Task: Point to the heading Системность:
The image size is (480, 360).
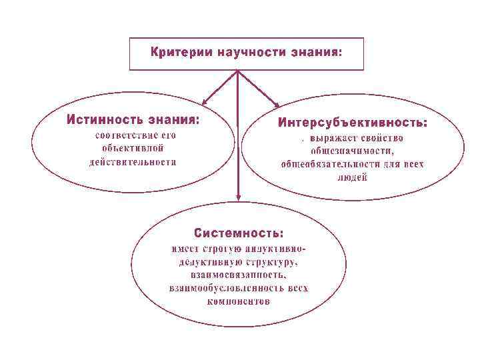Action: coord(239,233)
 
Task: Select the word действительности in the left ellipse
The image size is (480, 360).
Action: coord(133,161)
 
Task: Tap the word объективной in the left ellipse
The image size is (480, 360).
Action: coord(133,148)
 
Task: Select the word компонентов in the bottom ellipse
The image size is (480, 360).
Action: coord(239,301)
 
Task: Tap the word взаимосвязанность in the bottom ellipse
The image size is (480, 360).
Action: coord(239,275)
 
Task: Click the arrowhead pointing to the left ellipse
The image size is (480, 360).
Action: coord(205,102)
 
